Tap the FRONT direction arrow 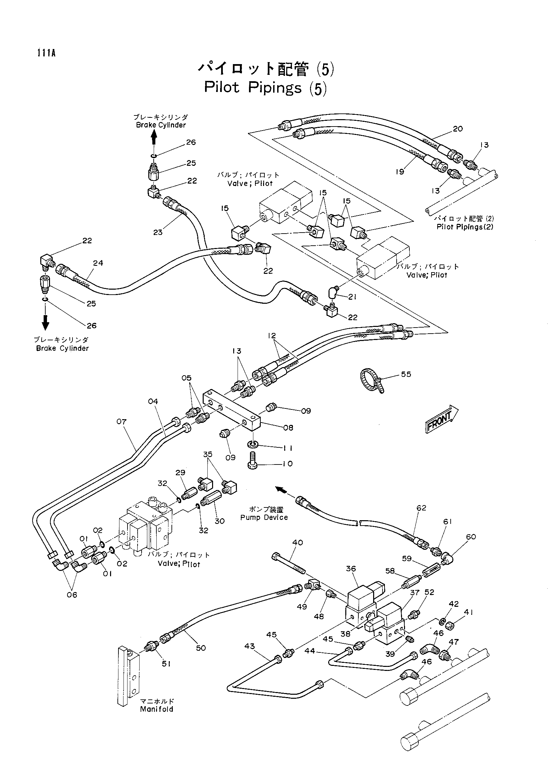pos(442,419)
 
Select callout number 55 pos(406,374)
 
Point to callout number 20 pos(458,129)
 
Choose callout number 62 pos(421,508)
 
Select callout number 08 pos(288,428)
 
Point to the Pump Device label pos(264,517)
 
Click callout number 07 pos(121,422)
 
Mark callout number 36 pos(351,569)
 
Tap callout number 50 pos(201,648)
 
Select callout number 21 pos(352,297)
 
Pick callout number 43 pos(250,646)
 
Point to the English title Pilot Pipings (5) pos(265,88)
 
